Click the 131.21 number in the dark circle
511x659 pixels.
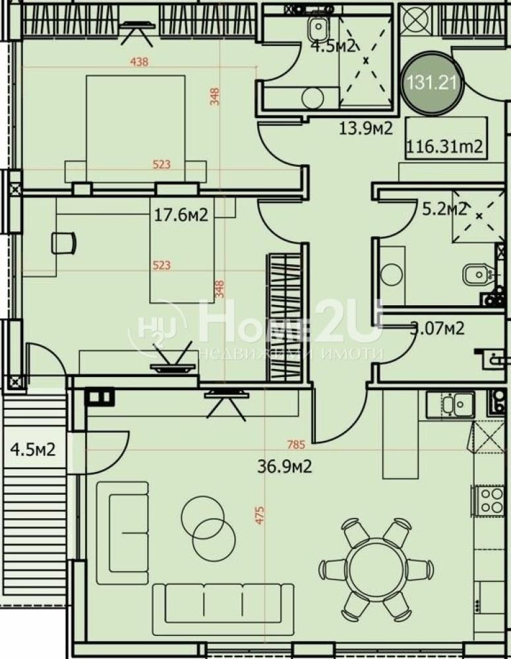(x=433, y=83)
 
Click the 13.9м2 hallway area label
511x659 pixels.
(x=366, y=128)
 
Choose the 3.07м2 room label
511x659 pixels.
(x=438, y=328)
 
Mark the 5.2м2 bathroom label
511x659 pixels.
(x=444, y=210)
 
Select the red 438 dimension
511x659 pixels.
(x=140, y=63)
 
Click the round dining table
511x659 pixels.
(x=375, y=568)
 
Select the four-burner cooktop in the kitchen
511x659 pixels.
(x=491, y=501)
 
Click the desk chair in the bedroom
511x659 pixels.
(x=63, y=243)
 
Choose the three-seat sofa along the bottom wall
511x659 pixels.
(x=224, y=600)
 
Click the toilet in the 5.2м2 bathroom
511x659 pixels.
(x=476, y=274)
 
